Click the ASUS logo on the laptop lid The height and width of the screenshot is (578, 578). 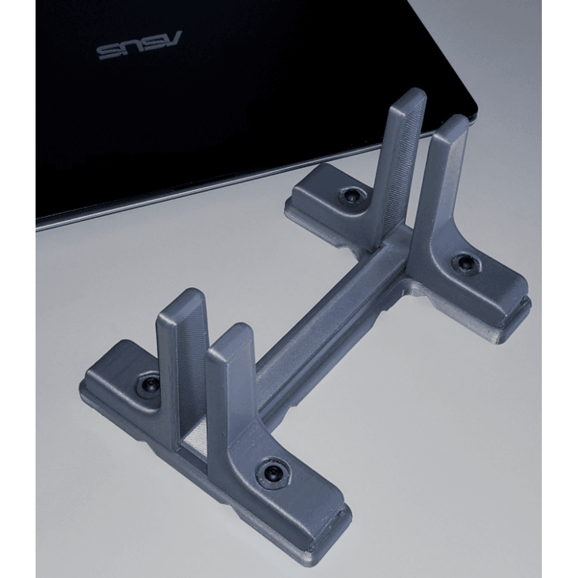click(x=140, y=46)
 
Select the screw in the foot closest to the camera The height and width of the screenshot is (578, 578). click(x=273, y=471)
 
